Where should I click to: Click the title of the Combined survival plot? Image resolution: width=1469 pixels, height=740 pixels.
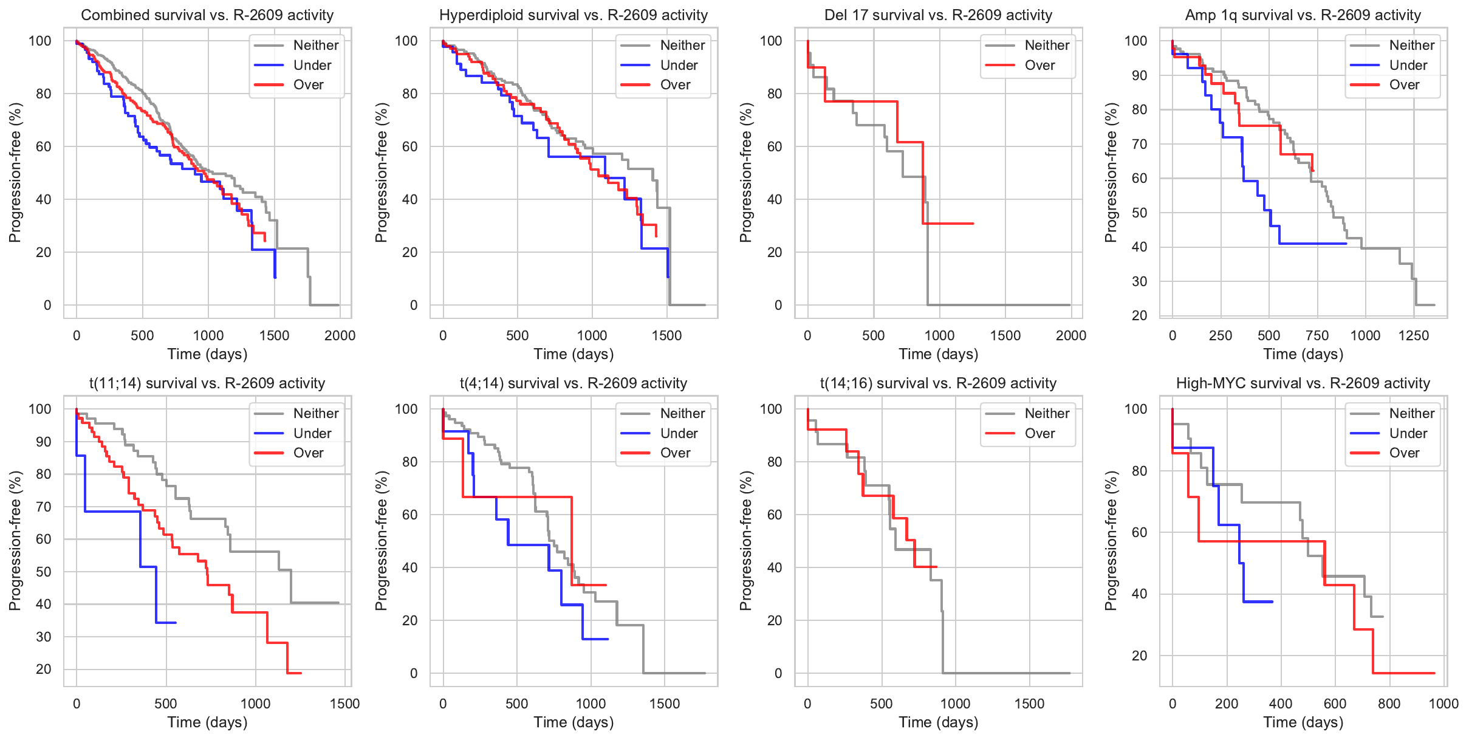[207, 15]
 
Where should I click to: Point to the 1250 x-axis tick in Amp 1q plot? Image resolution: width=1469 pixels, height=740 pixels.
[1414, 335]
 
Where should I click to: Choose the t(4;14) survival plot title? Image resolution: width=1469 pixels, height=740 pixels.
[573, 383]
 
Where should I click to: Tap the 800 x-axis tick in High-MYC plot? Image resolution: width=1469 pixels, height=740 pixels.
[1389, 704]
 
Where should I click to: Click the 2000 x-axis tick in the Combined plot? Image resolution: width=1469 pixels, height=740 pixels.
[340, 335]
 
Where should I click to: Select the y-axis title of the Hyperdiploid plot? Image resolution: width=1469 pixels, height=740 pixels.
[381, 173]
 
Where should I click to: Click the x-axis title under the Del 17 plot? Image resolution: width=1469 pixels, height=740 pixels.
[938, 354]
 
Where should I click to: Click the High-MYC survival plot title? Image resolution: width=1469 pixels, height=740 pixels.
[1303, 383]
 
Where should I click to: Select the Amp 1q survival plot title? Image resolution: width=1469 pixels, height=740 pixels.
[1303, 15]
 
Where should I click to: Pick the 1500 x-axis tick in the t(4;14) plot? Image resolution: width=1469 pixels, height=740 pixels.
[665, 704]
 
